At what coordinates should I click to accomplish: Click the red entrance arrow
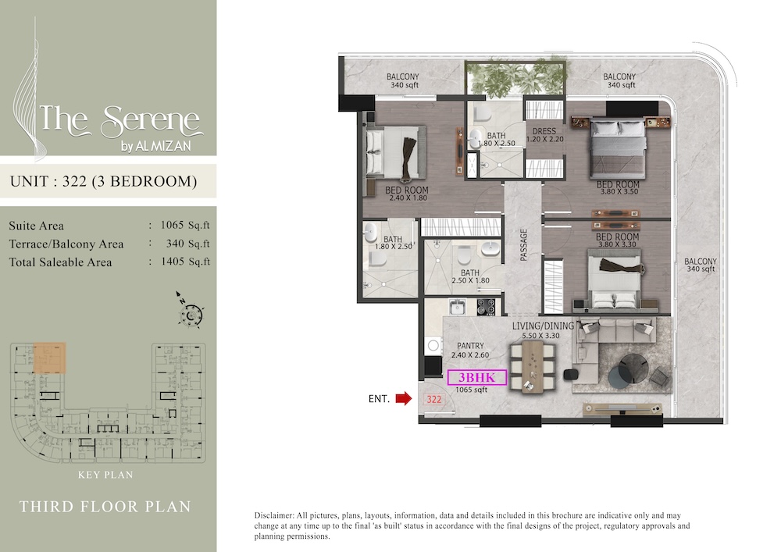pos(403,399)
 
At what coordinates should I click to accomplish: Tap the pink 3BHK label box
pos(476,378)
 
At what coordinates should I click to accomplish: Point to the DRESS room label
pos(544,131)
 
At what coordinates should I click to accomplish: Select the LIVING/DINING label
pos(544,326)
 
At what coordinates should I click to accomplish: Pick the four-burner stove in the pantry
pos(486,306)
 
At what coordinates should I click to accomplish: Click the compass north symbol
pos(190,314)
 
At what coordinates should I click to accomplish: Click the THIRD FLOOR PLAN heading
pos(105,507)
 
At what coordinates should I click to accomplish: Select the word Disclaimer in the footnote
pos(276,516)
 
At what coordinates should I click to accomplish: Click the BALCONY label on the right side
pos(700,262)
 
